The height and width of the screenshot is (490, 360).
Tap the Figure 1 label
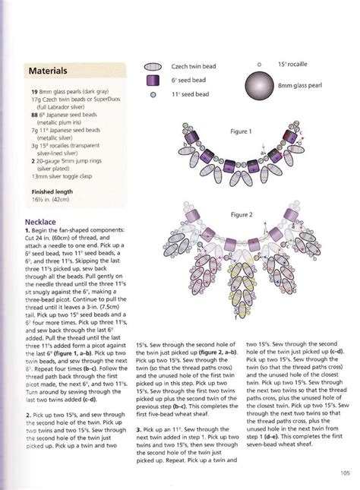coord(240,131)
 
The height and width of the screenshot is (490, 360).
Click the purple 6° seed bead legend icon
coord(153,80)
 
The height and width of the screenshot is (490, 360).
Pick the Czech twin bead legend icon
coord(154,65)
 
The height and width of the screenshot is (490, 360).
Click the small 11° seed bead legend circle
coord(153,95)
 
